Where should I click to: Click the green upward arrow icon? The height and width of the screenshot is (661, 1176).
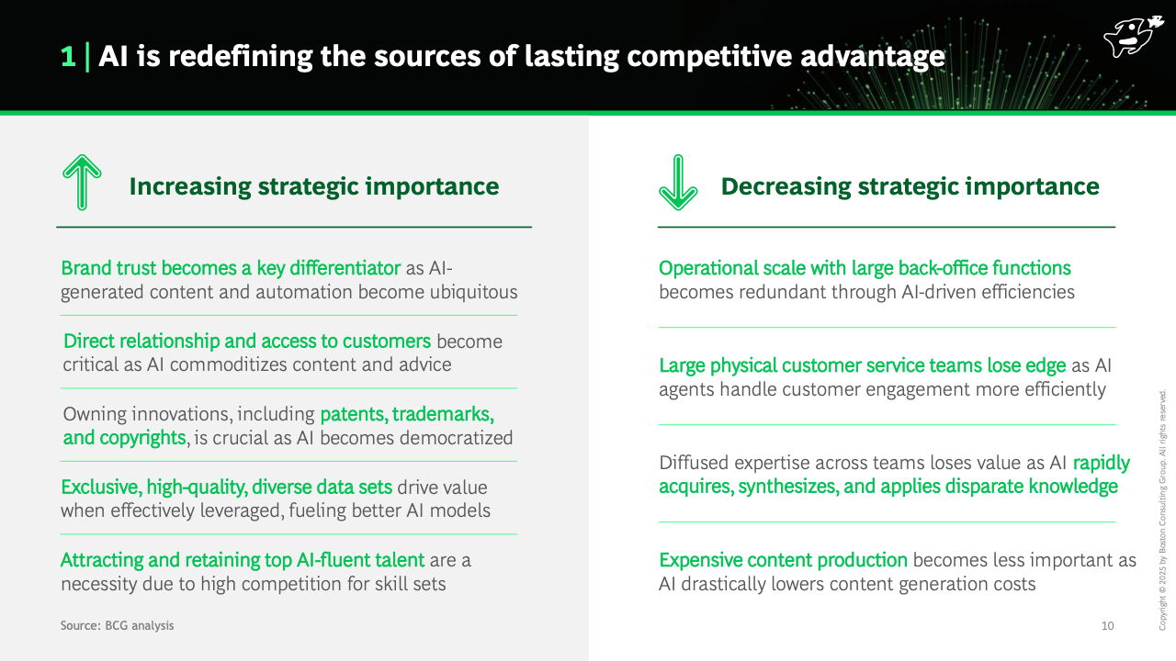(x=82, y=182)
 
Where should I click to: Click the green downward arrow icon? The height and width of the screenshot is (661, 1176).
(x=678, y=182)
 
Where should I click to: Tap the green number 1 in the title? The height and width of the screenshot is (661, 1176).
(x=68, y=57)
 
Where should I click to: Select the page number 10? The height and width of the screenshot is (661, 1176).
(x=1107, y=625)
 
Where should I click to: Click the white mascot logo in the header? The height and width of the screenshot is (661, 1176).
(x=1133, y=36)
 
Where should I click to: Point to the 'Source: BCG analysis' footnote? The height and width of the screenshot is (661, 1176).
(x=117, y=625)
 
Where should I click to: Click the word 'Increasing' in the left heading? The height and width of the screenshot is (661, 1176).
(x=190, y=186)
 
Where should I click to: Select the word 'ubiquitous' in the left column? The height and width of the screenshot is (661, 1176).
(x=473, y=292)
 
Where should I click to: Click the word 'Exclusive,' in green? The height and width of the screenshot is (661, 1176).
(x=101, y=487)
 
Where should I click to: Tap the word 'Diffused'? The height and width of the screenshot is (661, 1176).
(x=694, y=463)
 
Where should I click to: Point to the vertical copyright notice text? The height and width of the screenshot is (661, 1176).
(x=1162, y=510)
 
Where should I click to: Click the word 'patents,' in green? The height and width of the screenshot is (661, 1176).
(x=354, y=414)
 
